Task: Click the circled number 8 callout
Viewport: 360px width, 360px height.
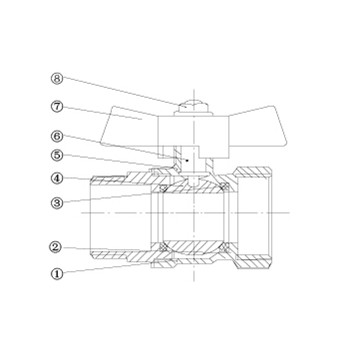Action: pos(57,79)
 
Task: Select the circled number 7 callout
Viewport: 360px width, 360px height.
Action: pos(57,107)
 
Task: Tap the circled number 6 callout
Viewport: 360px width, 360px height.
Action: pos(57,136)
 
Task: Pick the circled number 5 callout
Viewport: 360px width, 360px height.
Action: pos(57,155)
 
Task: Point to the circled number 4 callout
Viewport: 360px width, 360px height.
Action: pos(57,178)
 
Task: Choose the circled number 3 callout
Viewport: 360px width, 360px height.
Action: pos(57,203)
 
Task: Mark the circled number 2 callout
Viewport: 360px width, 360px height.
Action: pos(57,247)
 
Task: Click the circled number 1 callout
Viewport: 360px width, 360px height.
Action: pos(57,274)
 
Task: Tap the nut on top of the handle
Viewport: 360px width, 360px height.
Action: pos(194,107)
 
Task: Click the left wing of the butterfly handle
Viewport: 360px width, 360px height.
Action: pos(130,127)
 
